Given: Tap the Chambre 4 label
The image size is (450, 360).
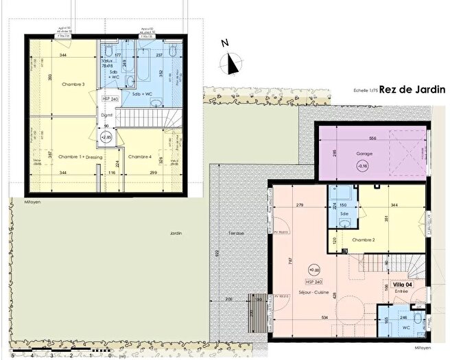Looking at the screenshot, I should point(141,156).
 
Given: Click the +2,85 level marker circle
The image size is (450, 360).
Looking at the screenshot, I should point(106,136).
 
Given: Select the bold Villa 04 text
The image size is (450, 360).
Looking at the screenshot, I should point(402,285).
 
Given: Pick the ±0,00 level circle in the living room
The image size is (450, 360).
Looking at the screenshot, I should point(314,269).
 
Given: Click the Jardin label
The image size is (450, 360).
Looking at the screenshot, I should point(176,233).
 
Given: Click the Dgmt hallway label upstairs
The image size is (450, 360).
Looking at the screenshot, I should point(107,115).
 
